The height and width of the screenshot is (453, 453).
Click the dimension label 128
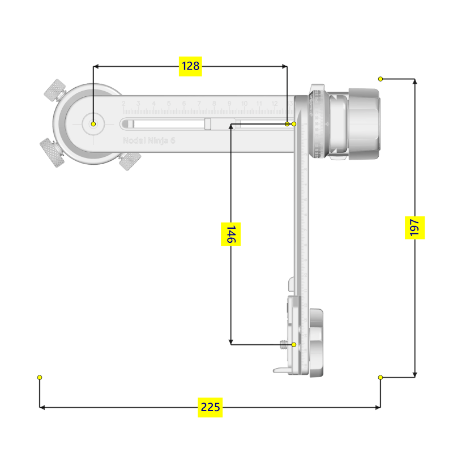(x=190, y=66)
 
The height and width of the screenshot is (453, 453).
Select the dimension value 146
(x=230, y=234)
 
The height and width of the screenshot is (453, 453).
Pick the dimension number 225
(x=210, y=407)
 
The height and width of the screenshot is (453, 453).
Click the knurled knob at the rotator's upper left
(x=56, y=91)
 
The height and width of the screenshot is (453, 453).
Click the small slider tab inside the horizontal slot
(x=208, y=123)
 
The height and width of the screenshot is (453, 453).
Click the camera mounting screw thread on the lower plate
(x=284, y=344)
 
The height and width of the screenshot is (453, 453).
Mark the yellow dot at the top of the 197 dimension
(x=381, y=79)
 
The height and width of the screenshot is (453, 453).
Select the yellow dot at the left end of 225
(x=40, y=378)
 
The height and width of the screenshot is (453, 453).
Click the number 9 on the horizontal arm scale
(x=229, y=104)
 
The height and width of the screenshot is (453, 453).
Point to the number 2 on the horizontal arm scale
(x=123, y=104)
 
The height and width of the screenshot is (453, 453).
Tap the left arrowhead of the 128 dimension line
(x=97, y=66)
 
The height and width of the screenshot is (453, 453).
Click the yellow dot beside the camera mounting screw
(x=294, y=344)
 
